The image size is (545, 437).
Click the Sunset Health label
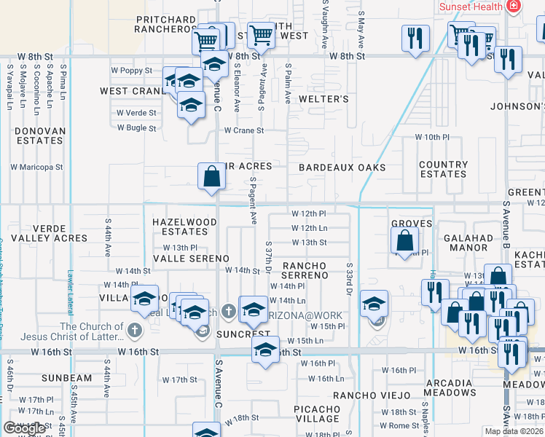tap(471, 7)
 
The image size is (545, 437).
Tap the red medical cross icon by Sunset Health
tap(514, 6)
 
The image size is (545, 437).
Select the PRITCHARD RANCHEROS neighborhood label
tap(166, 24)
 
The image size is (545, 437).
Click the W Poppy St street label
tap(131, 71)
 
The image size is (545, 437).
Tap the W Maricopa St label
tap(36, 167)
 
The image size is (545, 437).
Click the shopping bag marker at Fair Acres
tap(211, 176)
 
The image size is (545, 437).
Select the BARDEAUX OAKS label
tap(342, 168)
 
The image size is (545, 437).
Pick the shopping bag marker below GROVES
tap(404, 240)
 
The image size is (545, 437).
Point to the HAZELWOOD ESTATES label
tap(184, 227)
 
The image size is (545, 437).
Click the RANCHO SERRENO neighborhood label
tap(305, 270)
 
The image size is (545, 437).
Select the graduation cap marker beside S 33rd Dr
tap(374, 304)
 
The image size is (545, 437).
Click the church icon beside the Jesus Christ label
tap(134, 331)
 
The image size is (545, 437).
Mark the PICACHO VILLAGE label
tap(317, 414)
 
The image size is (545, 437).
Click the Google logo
tap(25, 428)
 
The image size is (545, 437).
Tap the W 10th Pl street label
tap(433, 137)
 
